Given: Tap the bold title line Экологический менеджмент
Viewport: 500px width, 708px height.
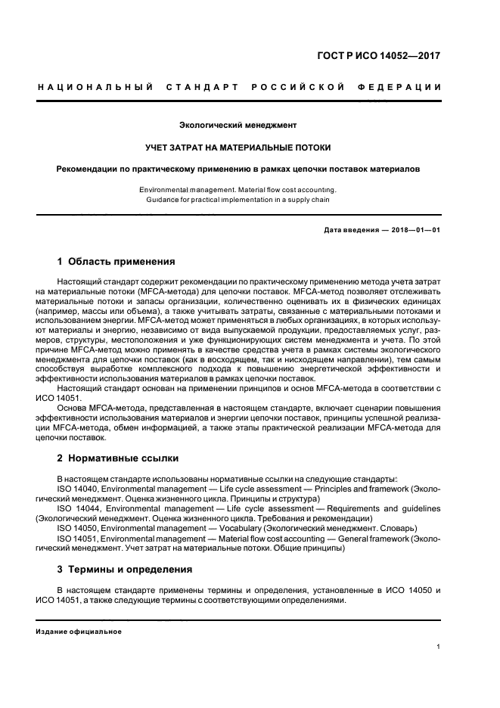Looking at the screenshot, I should [238, 124].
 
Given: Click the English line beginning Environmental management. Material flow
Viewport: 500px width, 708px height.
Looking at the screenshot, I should [238, 189].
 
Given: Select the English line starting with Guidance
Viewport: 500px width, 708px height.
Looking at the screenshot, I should [238, 200].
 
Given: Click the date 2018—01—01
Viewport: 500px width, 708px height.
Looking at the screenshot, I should [415, 230].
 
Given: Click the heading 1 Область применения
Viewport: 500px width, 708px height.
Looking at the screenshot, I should [116, 262].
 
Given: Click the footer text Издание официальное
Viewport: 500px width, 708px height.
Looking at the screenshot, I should [79, 631].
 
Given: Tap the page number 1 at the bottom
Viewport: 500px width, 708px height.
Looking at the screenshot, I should [439, 647].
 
